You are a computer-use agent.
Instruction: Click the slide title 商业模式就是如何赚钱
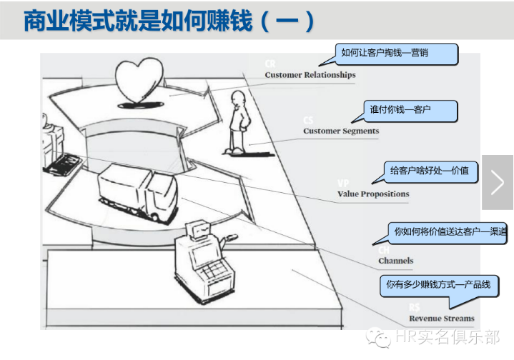coord(169,20)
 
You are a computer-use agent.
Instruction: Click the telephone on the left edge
coord(60,164)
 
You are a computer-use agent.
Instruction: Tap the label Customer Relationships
coord(310,75)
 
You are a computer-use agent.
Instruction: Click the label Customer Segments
coord(341,131)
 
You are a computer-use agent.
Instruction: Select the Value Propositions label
coord(373,194)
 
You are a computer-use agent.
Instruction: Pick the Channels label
coord(395,261)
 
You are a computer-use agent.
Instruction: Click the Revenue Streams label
coord(441,319)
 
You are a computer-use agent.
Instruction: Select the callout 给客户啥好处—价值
coord(429,171)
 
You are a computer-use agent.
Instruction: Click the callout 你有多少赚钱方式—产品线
coord(438,284)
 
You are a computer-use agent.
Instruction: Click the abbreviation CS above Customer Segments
coord(308,121)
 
